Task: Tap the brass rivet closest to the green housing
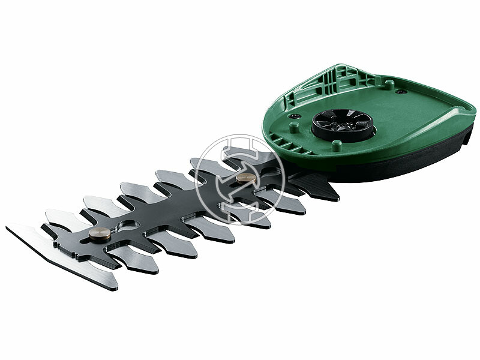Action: tap(244, 179)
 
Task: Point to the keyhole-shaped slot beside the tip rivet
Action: tap(127, 226)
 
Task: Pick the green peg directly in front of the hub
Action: tap(337, 146)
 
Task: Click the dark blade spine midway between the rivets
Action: tap(174, 206)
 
